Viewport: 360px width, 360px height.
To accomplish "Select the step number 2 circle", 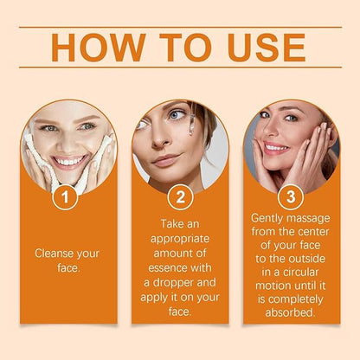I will [x=180, y=198].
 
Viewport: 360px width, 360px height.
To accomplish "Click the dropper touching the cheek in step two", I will [x=189, y=130].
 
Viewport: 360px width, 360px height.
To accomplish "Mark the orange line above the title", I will [x=180, y=27].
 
